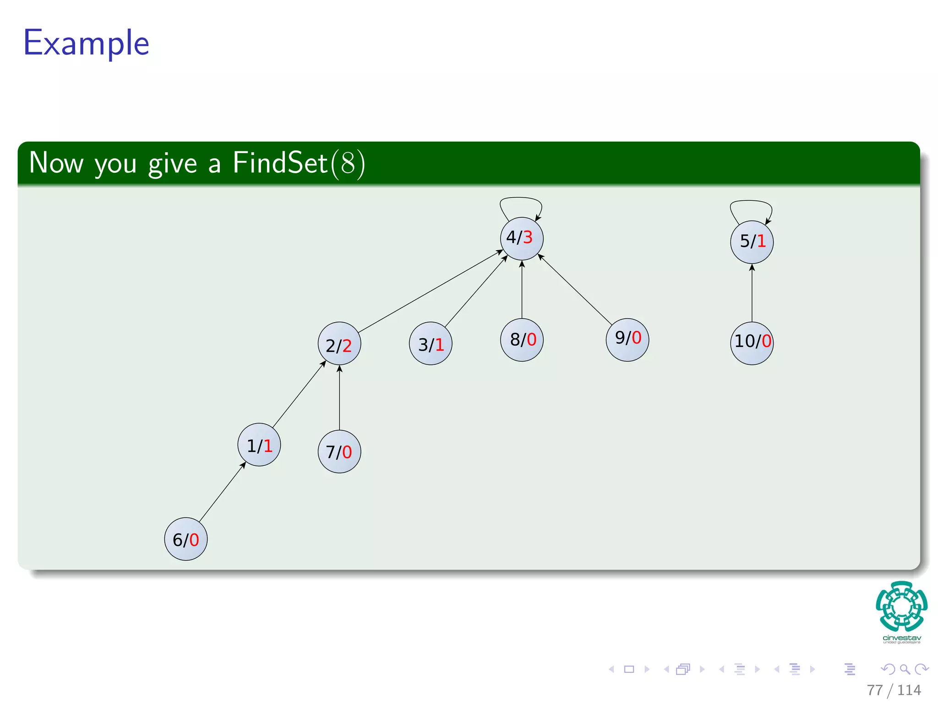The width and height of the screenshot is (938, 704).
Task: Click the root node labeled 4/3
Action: (522, 238)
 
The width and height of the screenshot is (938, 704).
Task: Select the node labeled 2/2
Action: (339, 344)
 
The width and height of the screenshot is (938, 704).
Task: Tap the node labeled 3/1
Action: (431, 344)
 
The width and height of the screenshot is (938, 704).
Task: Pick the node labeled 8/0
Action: (522, 340)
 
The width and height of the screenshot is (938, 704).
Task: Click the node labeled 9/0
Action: (627, 340)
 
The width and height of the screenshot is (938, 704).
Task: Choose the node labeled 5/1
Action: (752, 242)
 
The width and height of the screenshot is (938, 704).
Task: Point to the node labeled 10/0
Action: (752, 343)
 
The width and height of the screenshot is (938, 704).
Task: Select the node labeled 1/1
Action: (259, 445)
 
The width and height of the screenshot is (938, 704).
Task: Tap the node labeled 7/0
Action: (339, 451)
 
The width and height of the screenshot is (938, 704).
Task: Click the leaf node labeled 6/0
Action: (186, 539)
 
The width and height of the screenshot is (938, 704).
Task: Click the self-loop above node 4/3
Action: (521, 199)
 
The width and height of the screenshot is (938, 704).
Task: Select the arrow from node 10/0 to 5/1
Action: (752, 293)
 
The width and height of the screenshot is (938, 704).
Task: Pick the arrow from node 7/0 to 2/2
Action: (339, 398)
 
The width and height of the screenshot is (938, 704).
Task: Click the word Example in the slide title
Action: (86, 43)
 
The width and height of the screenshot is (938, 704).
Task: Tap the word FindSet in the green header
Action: (280, 163)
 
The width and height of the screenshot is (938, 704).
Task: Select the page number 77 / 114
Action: (894, 690)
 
